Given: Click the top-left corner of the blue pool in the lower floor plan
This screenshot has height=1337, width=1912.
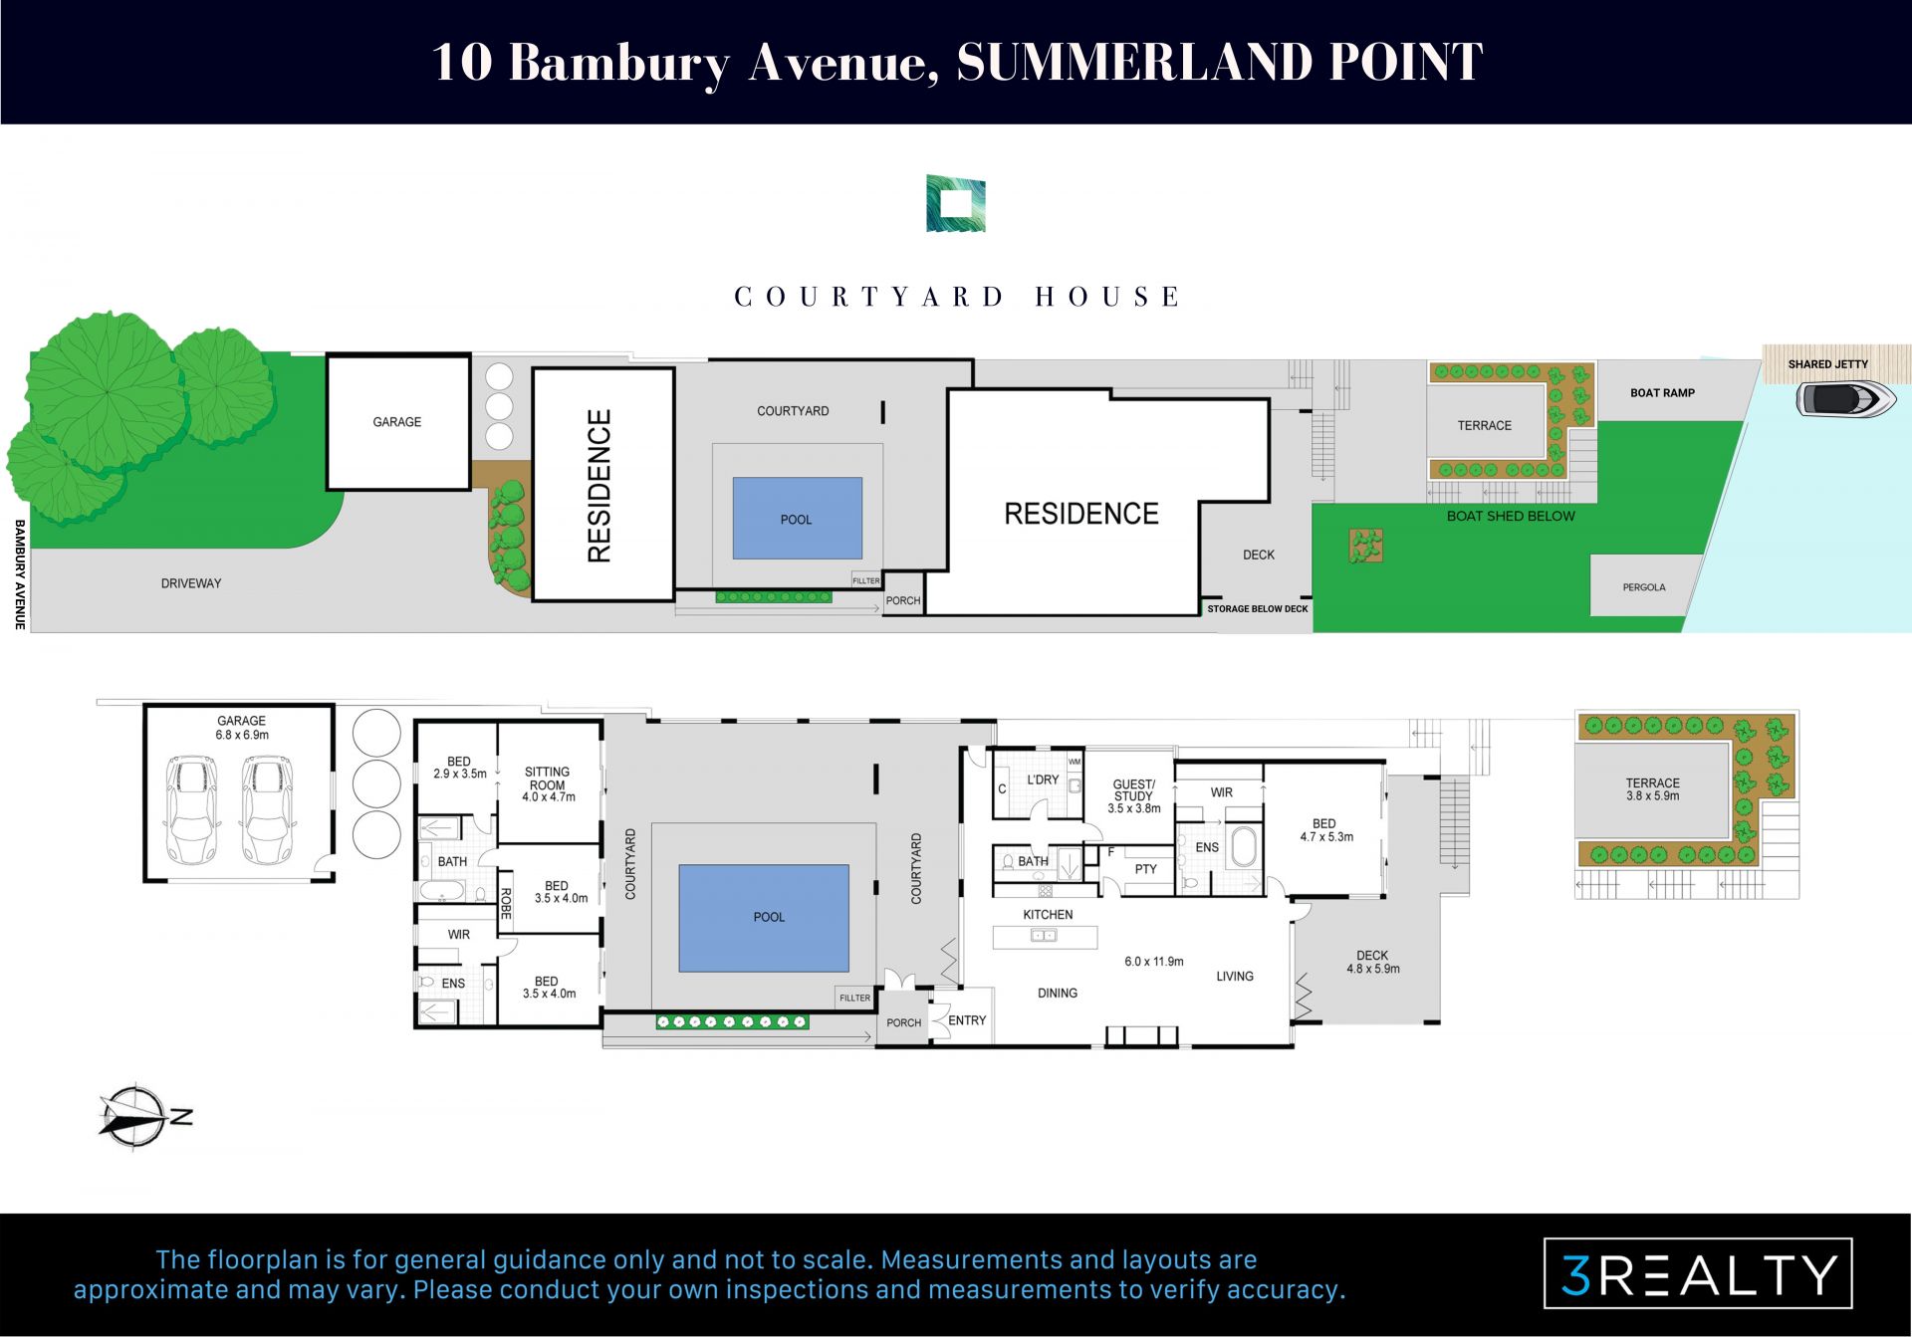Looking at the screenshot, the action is (x=679, y=865).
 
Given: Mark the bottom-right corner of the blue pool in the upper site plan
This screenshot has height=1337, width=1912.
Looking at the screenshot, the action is (x=862, y=558).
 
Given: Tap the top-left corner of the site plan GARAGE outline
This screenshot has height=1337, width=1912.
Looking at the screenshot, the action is (x=328, y=355).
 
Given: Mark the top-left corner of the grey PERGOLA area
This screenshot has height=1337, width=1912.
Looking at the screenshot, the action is (x=1590, y=556).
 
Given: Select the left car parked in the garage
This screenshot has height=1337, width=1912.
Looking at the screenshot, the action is (x=191, y=809).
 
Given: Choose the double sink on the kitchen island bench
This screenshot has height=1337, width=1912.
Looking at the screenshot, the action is (x=1044, y=936).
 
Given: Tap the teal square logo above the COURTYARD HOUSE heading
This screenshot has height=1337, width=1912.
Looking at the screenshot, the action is (x=956, y=204).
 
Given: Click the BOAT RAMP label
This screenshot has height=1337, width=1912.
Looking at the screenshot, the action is (x=1662, y=393).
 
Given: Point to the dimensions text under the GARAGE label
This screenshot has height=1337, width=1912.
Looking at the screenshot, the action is (x=242, y=735).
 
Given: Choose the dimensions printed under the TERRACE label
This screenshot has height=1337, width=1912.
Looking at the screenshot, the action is (x=1653, y=795).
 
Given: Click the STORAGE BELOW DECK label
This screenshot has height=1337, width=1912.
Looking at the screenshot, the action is (x=1258, y=608).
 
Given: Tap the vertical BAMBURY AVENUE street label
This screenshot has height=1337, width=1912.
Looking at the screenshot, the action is (x=19, y=574).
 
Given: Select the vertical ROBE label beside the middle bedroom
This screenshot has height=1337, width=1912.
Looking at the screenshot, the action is (x=506, y=903).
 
